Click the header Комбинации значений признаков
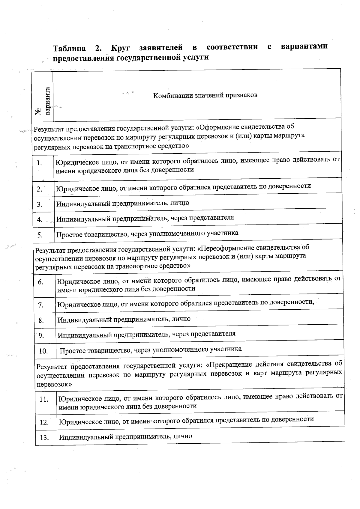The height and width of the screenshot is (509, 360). (205, 96)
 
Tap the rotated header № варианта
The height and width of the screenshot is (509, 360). (42, 102)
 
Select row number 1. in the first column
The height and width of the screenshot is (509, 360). (39, 163)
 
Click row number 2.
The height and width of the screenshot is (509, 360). (40, 189)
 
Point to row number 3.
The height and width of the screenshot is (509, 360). (40, 204)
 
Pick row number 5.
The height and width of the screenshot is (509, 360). (40, 235)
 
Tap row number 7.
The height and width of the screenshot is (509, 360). (41, 305)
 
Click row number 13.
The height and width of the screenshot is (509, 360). (44, 438)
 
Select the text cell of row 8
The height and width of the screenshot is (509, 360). (124, 319)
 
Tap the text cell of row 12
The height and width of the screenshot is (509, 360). (186, 420)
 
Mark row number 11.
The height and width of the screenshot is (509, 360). (44, 400)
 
